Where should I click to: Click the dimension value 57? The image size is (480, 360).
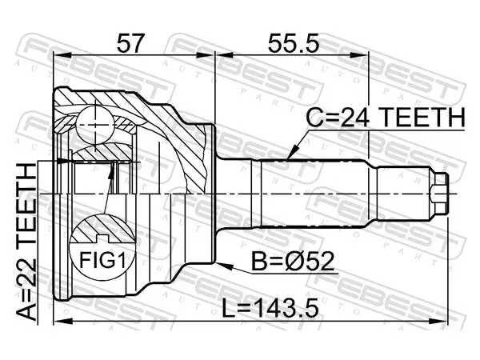pyautogui.click(x=130, y=43)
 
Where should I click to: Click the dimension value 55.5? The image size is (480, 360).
pyautogui.click(x=294, y=43)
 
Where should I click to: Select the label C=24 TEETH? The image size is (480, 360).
pyautogui.click(x=386, y=118)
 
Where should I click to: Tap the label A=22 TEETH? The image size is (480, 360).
pyautogui.click(x=26, y=242)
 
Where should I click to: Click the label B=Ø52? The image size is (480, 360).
pyautogui.click(x=293, y=261)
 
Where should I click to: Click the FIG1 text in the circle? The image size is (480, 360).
pyautogui.click(x=102, y=260)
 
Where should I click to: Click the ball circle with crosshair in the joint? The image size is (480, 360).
pyautogui.click(x=95, y=125)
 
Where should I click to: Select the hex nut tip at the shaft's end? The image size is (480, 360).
pyautogui.click(x=439, y=194)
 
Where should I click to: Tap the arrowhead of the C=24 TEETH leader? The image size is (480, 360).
pyautogui.click(x=291, y=154)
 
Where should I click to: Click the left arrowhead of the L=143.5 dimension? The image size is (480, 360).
pyautogui.click(x=63, y=321)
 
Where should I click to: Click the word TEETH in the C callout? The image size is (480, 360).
pyautogui.click(x=424, y=118)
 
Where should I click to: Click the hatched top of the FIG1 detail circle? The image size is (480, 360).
pyautogui.click(x=102, y=228)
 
